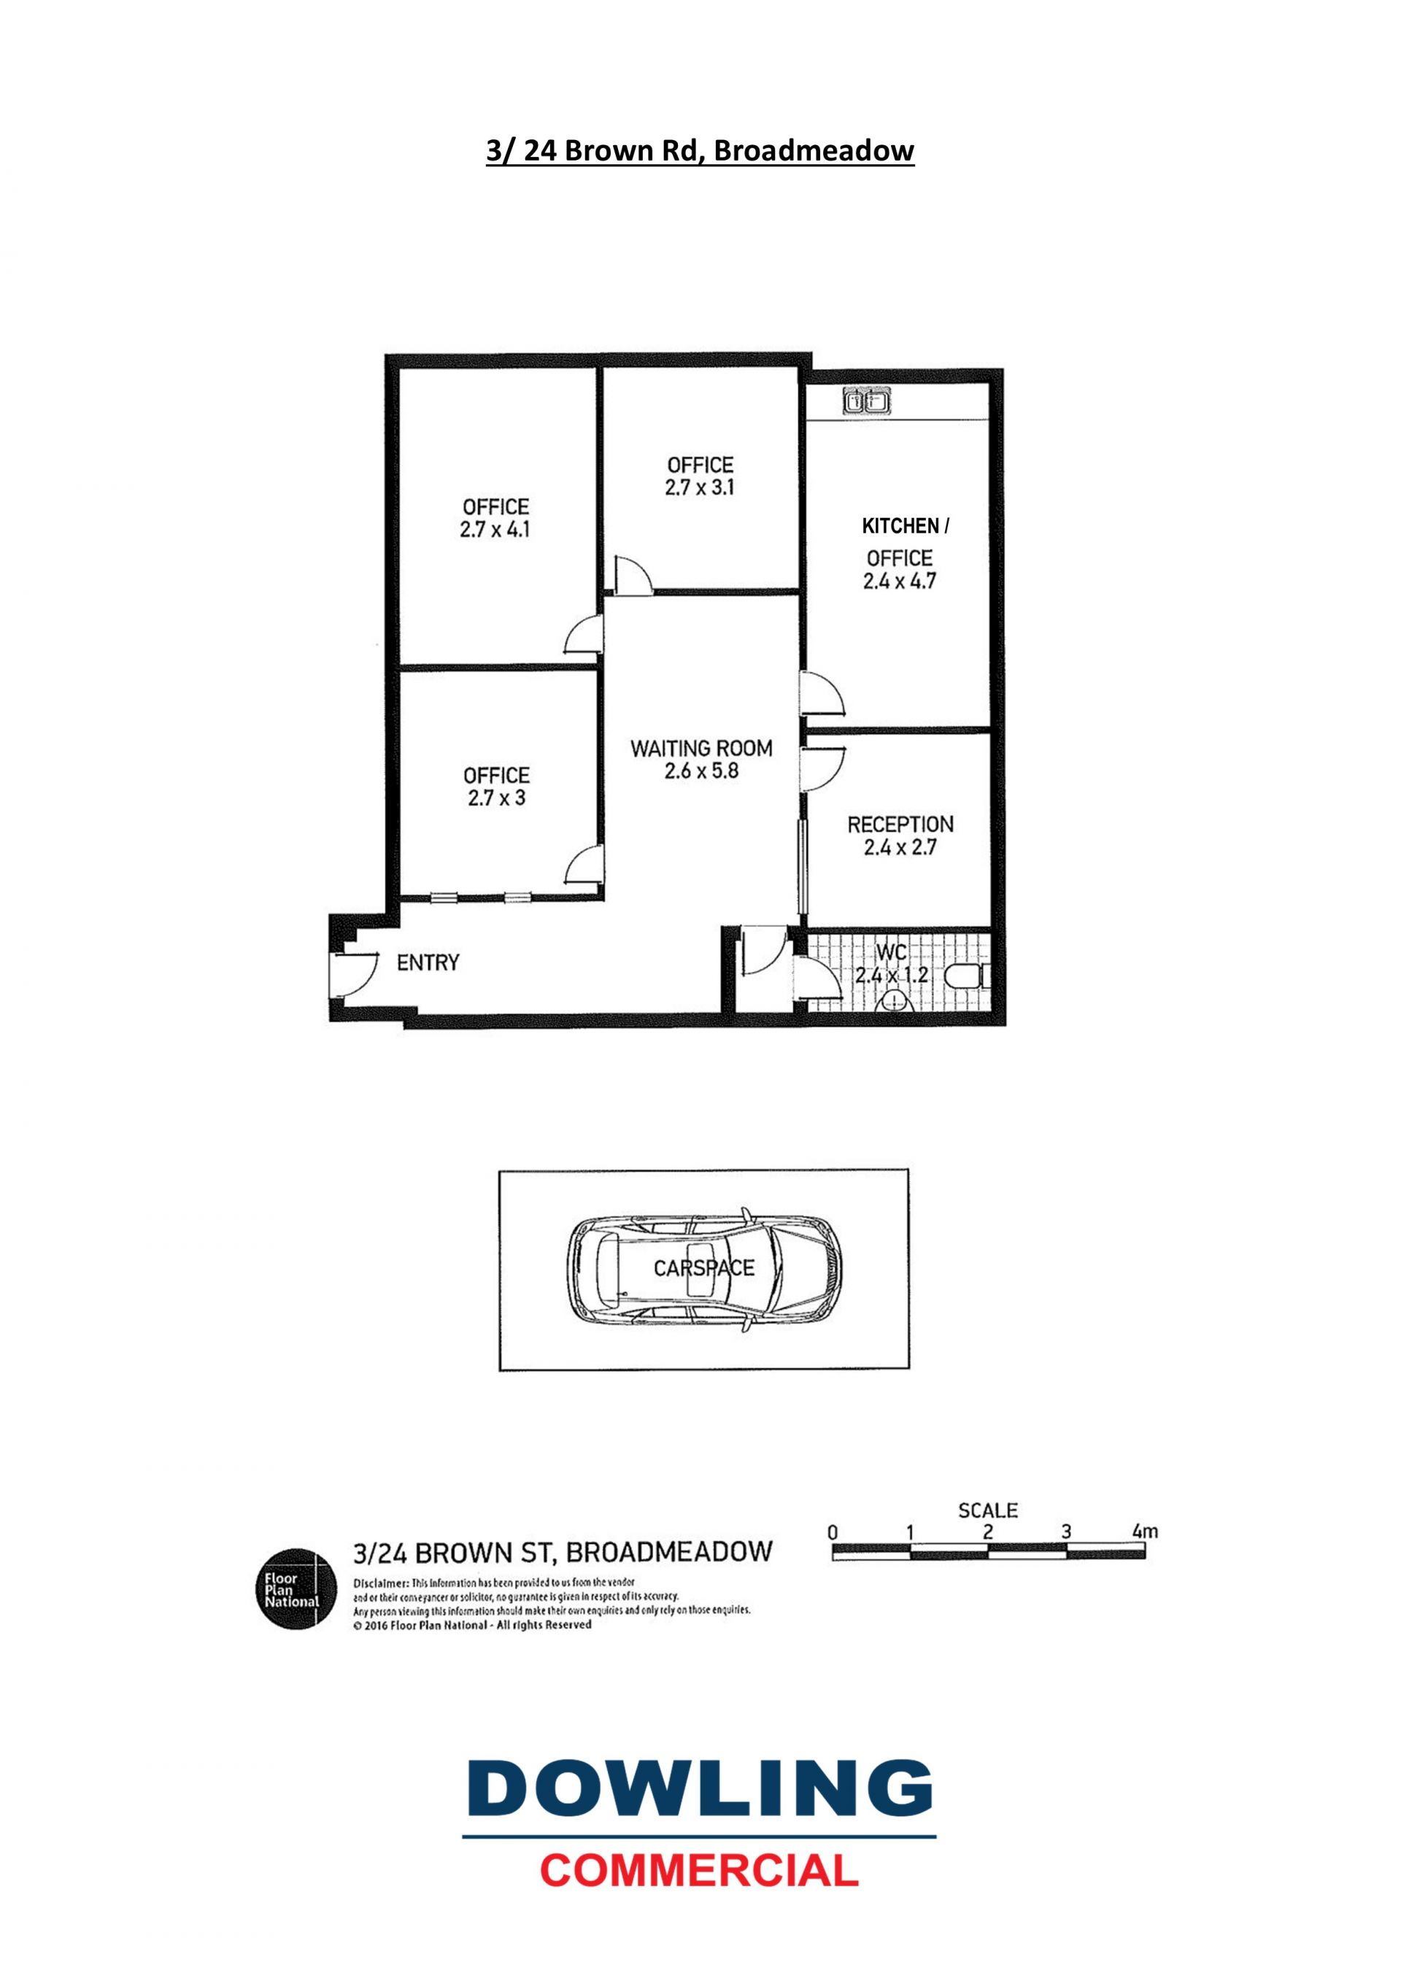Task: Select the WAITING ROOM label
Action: coord(701,748)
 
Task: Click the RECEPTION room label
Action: coord(900,824)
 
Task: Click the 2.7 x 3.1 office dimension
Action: coord(700,487)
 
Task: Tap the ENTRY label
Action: coord(428,962)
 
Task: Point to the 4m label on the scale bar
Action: coord(1145,1532)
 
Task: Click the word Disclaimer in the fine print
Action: coord(382,1583)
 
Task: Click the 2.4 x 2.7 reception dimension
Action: coord(900,847)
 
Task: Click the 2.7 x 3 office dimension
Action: coord(496,798)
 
